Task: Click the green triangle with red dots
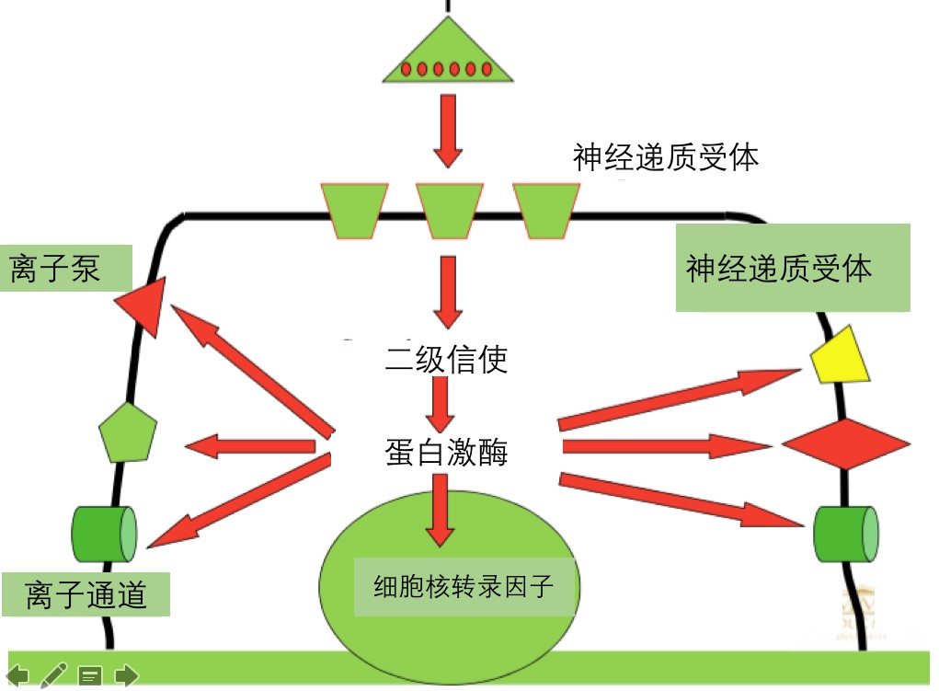446,57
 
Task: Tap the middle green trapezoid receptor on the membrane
449,210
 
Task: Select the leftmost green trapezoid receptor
354,210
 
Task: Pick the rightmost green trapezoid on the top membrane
545,210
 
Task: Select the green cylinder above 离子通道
104,533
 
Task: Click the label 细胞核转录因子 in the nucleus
464,586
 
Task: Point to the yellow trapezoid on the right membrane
840,357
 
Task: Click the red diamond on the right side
846,444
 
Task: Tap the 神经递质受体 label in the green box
778,269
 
